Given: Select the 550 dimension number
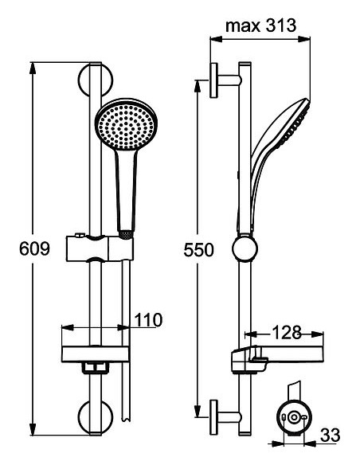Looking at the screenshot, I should click(x=199, y=249).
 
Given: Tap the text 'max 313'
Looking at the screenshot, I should click(x=260, y=26).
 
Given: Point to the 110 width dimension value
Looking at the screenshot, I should click(x=148, y=320).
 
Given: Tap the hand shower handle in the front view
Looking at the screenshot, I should click(x=125, y=191).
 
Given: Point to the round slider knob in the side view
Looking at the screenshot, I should click(x=245, y=249).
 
